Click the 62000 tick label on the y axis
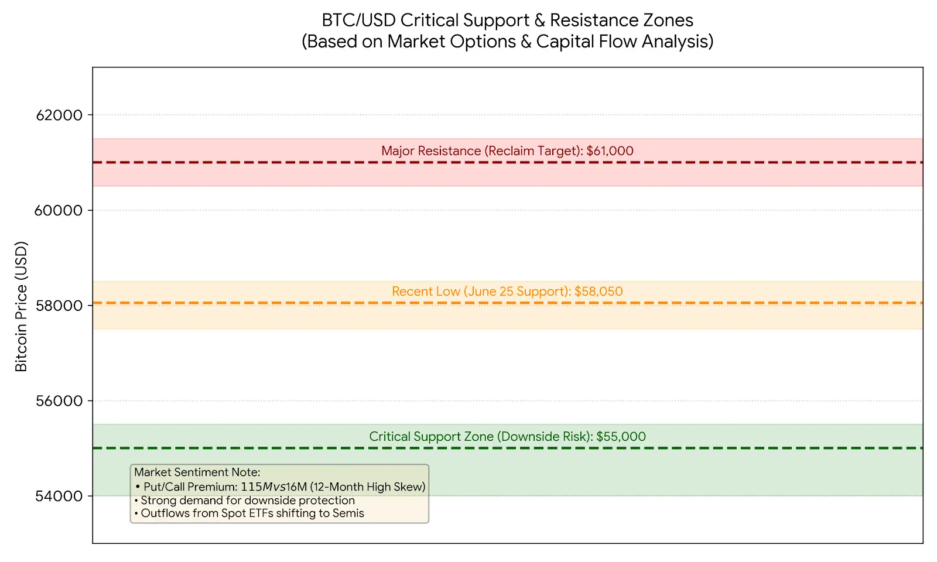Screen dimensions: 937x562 click(59, 115)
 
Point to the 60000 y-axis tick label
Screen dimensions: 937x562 click(58, 210)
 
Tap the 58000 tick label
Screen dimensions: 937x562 click(59, 306)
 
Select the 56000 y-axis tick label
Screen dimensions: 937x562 click(59, 401)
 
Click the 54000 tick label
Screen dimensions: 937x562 click(59, 496)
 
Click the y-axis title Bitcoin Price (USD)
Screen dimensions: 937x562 click(21, 307)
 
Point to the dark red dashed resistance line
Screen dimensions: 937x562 click(508, 162)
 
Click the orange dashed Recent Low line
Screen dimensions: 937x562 click(508, 303)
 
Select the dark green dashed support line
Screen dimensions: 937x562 click(508, 448)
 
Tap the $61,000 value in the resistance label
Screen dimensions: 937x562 click(610, 151)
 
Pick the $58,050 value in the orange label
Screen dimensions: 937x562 click(599, 292)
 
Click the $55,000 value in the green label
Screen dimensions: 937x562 click(621, 437)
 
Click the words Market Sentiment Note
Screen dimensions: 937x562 click(197, 472)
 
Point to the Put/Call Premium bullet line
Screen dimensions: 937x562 click(280, 486)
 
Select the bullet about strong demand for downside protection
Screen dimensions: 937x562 click(245, 501)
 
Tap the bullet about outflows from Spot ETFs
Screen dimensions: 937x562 click(249, 513)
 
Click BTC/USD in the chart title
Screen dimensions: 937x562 click(358, 20)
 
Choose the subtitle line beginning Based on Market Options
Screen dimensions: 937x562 click(507, 42)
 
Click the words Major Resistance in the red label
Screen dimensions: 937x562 click(431, 151)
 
